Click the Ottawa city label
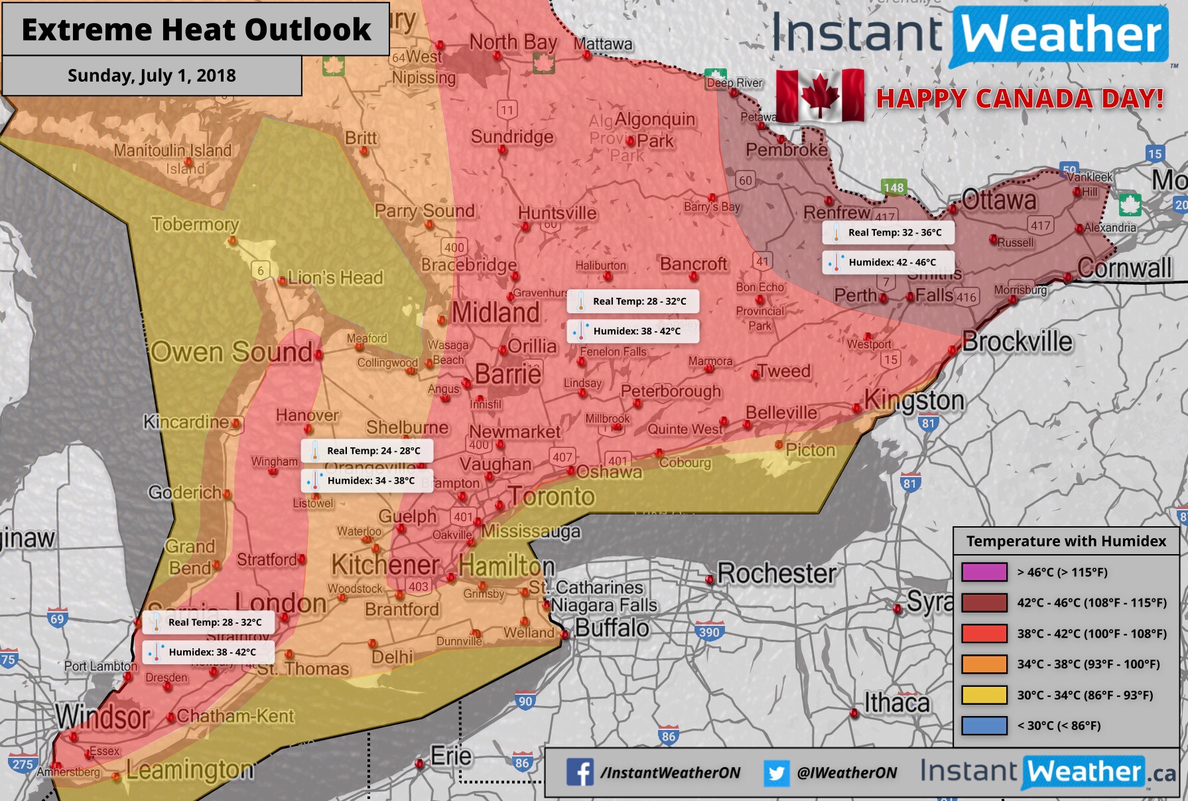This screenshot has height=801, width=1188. (998, 200)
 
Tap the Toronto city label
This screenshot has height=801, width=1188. (552, 496)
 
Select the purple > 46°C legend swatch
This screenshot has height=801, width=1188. (984, 572)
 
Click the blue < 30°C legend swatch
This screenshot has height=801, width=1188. (984, 725)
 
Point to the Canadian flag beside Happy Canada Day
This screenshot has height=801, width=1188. (820, 96)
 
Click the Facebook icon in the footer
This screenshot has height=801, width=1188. (580, 772)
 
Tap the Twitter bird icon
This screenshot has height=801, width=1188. (776, 773)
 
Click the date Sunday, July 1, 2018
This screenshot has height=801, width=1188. (152, 76)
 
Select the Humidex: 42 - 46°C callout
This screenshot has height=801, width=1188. (889, 262)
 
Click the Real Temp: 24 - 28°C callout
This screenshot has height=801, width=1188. (367, 451)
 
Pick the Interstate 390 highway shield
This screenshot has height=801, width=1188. (708, 632)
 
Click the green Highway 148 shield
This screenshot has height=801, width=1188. (893, 188)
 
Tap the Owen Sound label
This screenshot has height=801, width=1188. (231, 352)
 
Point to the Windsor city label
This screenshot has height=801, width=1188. (103, 717)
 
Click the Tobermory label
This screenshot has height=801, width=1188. (195, 224)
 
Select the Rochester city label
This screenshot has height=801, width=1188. (776, 573)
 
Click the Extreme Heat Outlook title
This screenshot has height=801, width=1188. (196, 30)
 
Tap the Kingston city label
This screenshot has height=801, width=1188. (914, 401)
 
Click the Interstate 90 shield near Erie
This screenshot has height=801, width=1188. (525, 701)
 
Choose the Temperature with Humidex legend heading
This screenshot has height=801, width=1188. (1066, 541)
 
